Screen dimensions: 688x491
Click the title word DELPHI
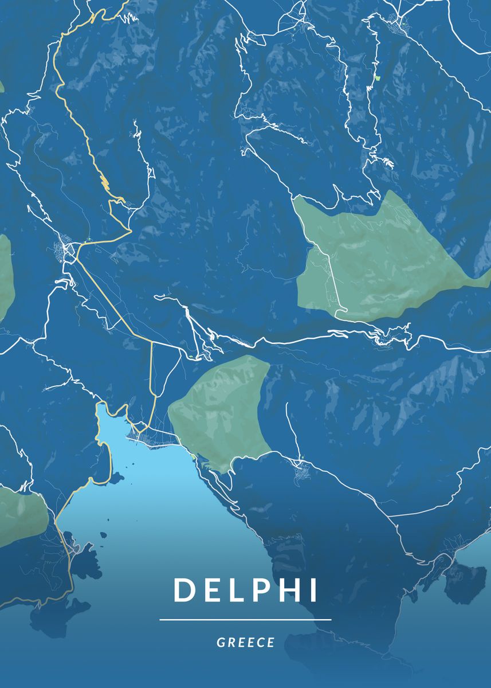coord(245,590)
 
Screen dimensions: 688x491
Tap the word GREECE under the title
coord(246,643)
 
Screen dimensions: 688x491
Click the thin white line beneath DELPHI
coord(245,620)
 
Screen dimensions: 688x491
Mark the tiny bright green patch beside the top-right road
coord(376,77)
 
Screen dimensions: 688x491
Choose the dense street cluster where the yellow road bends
coord(68,251)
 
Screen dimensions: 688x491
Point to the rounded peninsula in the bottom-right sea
coord(465,582)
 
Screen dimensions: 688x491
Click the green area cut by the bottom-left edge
coord(23,513)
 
